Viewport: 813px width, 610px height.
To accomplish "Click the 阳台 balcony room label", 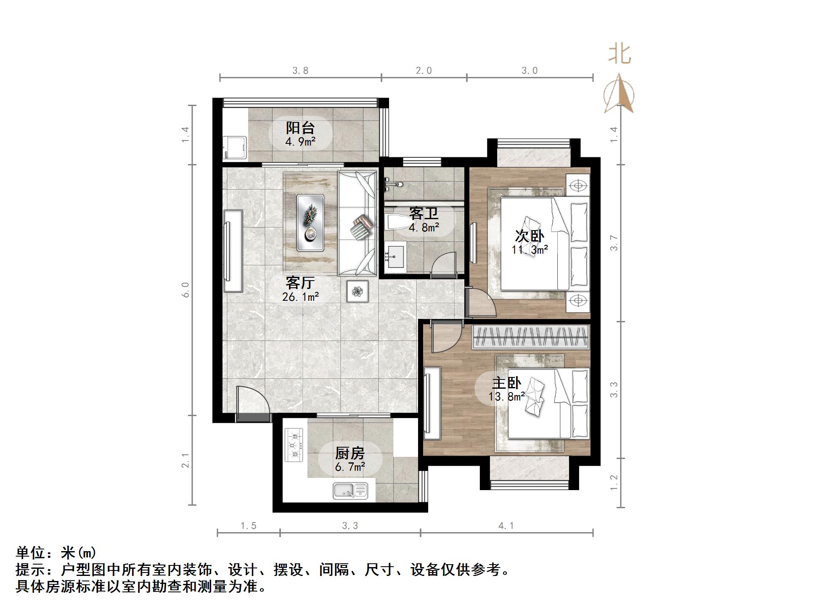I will (300, 127).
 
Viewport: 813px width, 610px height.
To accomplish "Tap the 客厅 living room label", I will (300, 282).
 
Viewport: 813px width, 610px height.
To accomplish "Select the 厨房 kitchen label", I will (350, 453).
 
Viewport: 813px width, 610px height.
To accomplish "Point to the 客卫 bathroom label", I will (424, 213).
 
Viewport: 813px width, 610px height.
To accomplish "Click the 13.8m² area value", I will (506, 396).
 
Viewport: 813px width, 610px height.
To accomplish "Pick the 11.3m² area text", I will (530, 249).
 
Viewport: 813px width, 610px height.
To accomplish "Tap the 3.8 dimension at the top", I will (300, 71).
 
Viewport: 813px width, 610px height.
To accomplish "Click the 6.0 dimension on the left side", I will (185, 290).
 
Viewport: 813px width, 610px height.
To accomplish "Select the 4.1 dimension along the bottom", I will (506, 525).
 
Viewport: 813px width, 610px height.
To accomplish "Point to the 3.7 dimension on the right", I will (614, 243).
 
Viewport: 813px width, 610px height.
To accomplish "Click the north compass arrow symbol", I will (619, 93).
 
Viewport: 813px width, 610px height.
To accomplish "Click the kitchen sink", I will (350, 491).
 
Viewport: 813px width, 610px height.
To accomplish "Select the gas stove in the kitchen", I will (294, 444).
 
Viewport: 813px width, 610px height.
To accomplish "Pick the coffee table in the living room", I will (310, 223).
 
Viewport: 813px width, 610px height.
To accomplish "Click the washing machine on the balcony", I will (235, 147).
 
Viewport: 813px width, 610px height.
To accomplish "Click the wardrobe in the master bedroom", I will (530, 337).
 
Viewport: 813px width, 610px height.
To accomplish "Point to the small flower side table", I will (358, 291).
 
